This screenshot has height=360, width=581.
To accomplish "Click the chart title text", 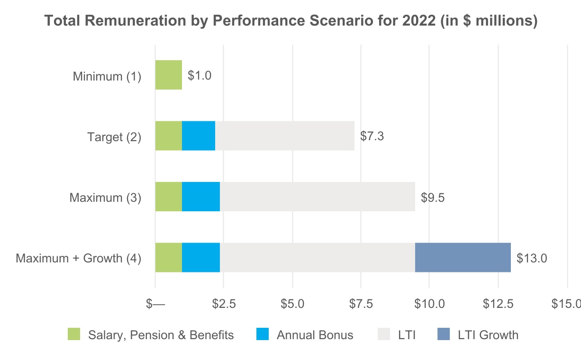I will (290, 21).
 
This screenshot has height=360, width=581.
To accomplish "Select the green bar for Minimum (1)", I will (168, 75).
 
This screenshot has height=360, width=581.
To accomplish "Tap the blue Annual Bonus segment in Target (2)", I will (199, 135).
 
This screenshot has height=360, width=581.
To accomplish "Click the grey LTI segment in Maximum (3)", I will (317, 197).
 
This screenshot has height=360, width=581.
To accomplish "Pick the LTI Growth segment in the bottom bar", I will (463, 257).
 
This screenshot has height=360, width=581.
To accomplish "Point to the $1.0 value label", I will (200, 75).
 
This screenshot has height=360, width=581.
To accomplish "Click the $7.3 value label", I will (372, 136).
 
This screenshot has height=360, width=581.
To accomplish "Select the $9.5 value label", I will (433, 197).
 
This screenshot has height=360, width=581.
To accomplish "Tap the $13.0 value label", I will (532, 258).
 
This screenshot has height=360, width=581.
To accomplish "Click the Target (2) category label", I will (114, 137).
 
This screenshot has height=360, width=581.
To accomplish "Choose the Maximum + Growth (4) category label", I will (79, 259).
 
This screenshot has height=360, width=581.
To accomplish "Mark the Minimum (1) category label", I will (107, 76).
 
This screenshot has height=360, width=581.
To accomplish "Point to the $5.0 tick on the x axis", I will (292, 304).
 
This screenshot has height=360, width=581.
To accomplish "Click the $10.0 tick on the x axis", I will (429, 304).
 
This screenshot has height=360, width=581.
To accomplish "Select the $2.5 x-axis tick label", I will (224, 304).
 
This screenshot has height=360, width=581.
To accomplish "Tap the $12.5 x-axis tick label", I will (498, 304).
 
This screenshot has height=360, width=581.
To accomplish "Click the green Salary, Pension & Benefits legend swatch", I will (74, 334).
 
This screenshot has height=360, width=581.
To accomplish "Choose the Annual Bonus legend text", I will (315, 335).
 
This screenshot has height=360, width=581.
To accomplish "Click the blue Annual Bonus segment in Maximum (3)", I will (201, 197).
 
